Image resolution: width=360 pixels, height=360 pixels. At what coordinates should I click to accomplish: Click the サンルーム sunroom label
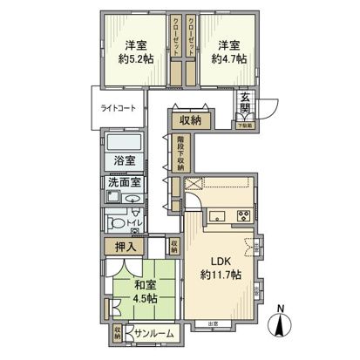(153, 334)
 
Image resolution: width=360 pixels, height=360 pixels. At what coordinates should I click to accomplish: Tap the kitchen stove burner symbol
(241, 215)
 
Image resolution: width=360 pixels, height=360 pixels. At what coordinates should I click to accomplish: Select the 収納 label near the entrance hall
(191, 121)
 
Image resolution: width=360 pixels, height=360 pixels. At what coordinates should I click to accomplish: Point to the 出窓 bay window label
(213, 324)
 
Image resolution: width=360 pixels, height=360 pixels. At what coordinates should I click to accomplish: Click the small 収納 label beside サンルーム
(118, 333)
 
